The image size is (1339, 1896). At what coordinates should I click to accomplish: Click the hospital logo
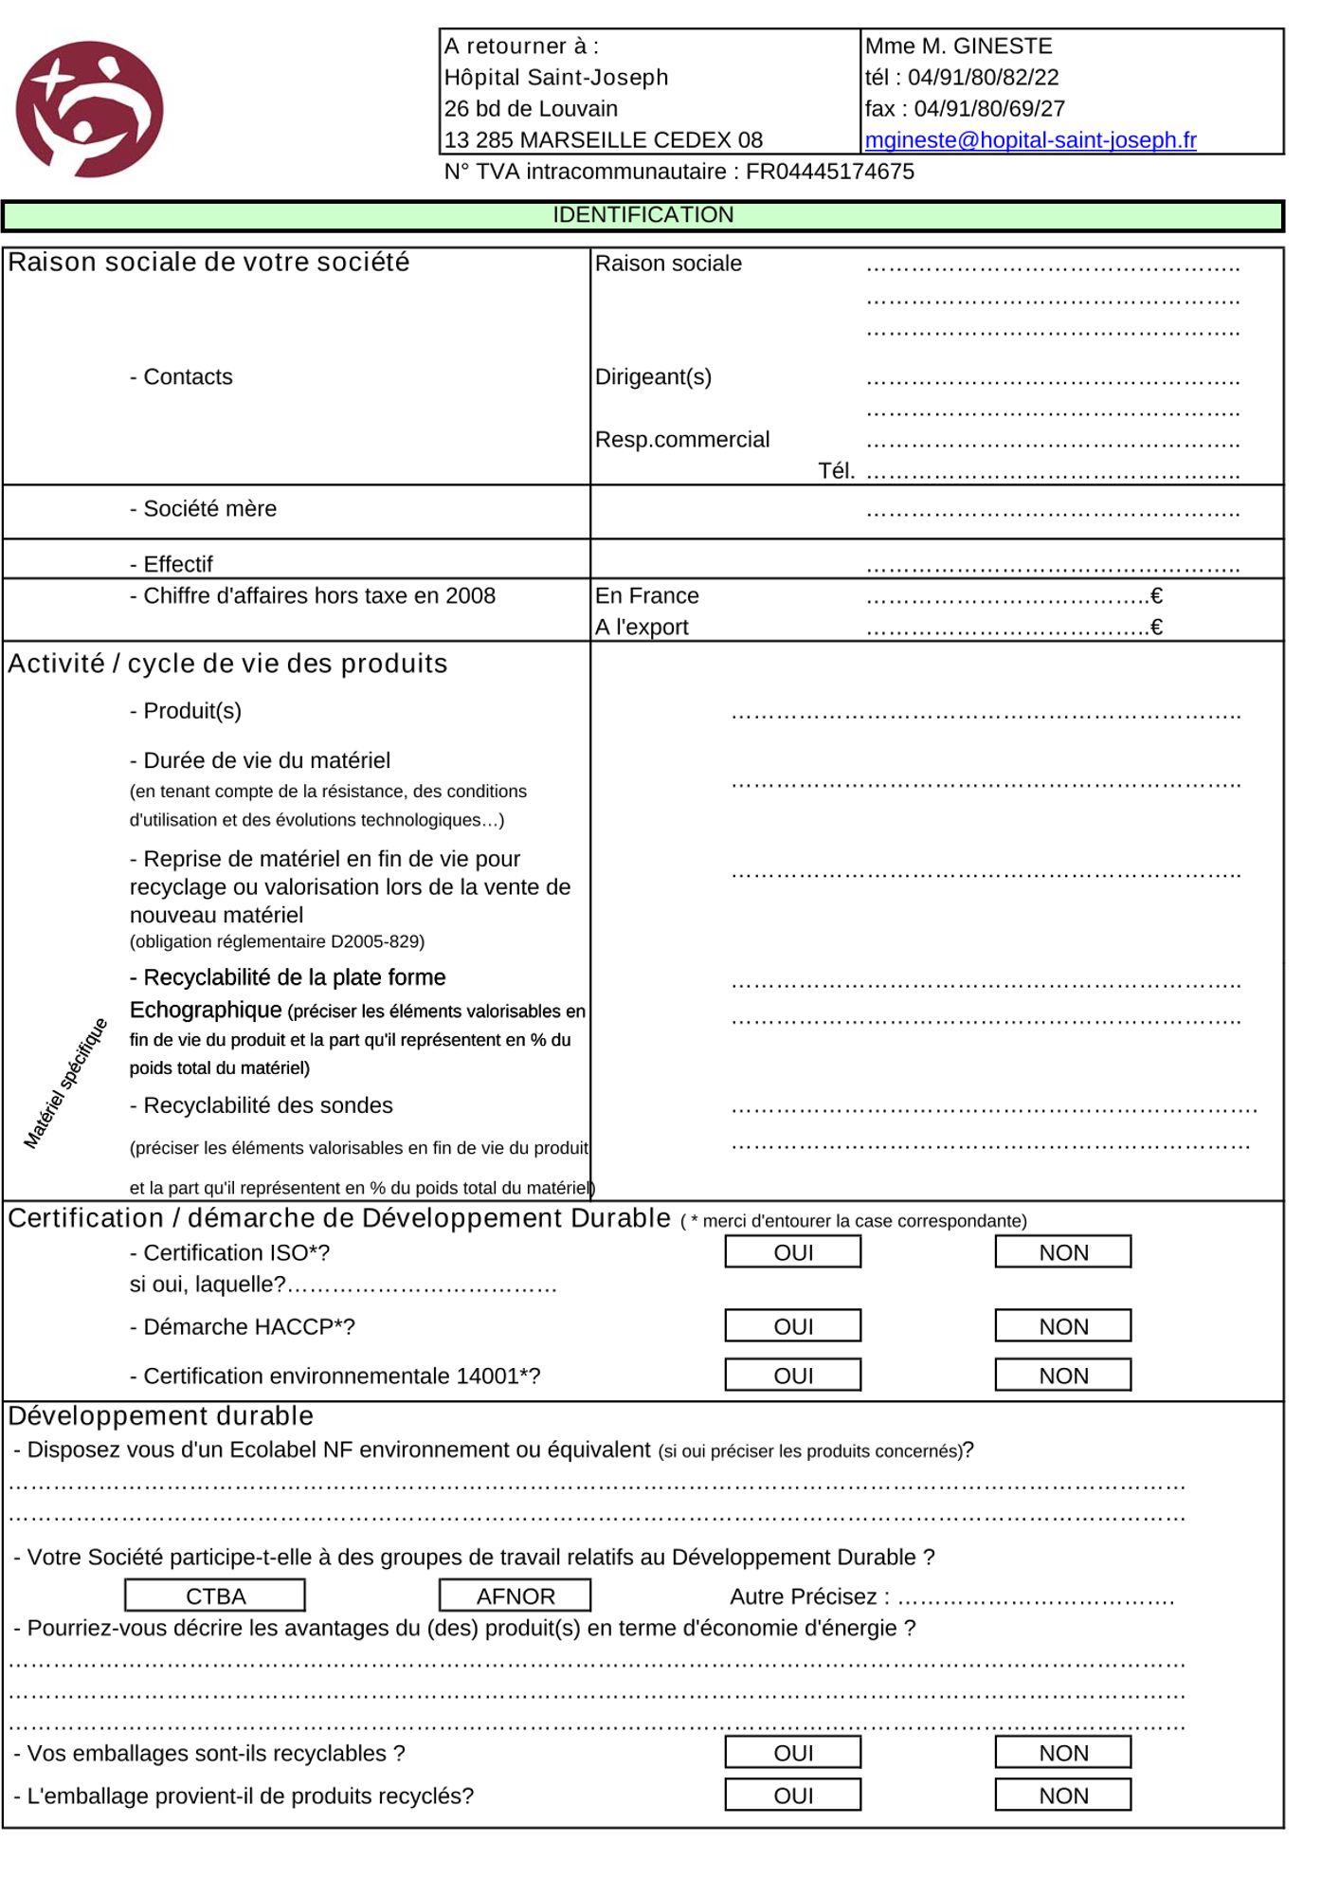click(x=89, y=109)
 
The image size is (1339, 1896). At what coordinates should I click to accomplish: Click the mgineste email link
click(x=1030, y=140)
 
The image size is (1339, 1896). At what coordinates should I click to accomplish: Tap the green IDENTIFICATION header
click(x=642, y=215)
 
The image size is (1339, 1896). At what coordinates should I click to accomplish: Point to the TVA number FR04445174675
click(x=830, y=172)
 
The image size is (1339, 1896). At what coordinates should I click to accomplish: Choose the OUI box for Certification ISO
click(x=793, y=1252)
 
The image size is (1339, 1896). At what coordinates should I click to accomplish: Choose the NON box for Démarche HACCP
click(x=1062, y=1326)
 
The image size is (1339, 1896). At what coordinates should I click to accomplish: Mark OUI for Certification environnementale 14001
click(x=793, y=1376)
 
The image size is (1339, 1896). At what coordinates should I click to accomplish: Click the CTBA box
click(x=215, y=1596)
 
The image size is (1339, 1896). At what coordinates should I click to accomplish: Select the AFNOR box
click(x=515, y=1596)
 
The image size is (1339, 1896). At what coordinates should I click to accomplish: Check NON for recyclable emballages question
click(x=1062, y=1753)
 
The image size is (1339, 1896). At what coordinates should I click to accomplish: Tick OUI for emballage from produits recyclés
click(x=793, y=1796)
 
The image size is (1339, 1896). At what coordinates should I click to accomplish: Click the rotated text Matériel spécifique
click(x=65, y=1084)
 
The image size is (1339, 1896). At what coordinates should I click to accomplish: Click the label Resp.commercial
click(x=682, y=440)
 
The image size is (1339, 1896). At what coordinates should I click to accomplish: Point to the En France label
click(x=647, y=596)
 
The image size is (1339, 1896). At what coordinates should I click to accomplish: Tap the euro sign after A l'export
click(x=1156, y=628)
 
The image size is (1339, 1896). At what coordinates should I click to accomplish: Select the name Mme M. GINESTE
click(x=958, y=46)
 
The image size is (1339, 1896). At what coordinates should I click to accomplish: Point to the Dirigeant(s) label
click(x=653, y=377)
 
